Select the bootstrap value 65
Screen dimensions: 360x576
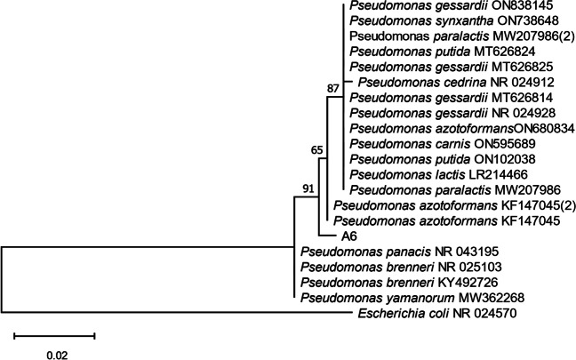pos(316,150)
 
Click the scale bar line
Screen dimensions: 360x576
pos(54,336)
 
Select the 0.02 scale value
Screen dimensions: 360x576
pos(54,353)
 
